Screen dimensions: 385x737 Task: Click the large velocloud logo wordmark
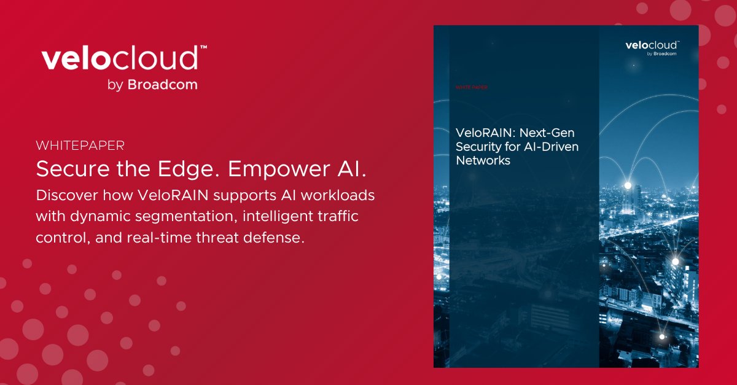point(120,60)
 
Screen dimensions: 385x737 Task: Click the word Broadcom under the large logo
point(162,85)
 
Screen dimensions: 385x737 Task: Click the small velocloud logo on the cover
point(652,45)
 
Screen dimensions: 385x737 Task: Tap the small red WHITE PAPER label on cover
point(471,88)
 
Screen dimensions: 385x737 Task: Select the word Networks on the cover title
point(483,161)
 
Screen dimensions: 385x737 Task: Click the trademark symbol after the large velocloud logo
point(203,48)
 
